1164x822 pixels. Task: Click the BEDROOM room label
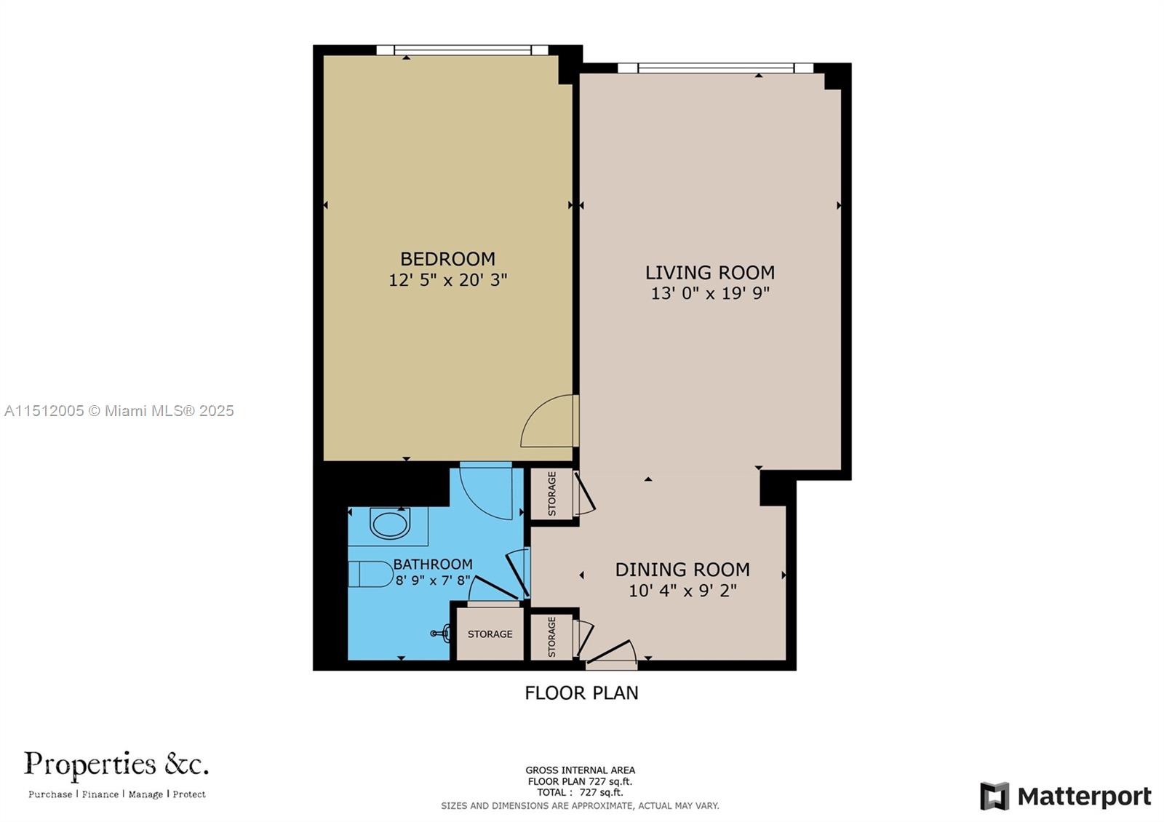pos(447,259)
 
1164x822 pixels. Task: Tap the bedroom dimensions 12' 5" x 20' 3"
pos(447,280)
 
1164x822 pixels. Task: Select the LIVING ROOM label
pos(709,273)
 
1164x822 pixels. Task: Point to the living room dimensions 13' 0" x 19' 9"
pos(709,293)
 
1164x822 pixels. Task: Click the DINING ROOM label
pos(682,570)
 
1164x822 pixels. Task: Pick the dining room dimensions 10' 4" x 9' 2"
pos(682,591)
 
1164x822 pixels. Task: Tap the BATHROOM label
pos(433,564)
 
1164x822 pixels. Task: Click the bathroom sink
pos(391,524)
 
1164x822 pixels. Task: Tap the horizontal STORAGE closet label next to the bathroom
pos(490,634)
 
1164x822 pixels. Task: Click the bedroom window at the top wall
pos(462,50)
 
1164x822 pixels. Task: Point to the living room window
pos(715,68)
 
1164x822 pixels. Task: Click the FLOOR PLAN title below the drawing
pos(581,693)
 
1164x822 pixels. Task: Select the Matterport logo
pos(1066,797)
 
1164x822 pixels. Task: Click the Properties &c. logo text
pos(116,765)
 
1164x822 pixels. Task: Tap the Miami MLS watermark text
pos(119,411)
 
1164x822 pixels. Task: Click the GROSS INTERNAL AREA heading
pos(580,770)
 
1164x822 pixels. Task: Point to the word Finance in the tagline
pos(100,794)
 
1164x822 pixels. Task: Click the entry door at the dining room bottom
pos(611,655)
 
